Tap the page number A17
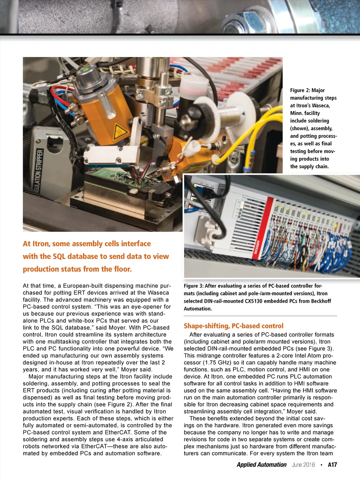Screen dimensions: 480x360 pyautogui.click(x=332, y=465)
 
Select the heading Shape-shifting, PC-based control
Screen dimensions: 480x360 pyautogui.click(x=233, y=326)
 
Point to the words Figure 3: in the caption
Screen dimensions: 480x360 pyautogui.click(x=193, y=286)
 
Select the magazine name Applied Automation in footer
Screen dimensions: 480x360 pyautogui.click(x=262, y=465)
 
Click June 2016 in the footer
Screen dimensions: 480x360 pyautogui.click(x=303, y=465)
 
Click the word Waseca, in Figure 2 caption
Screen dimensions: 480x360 pyautogui.click(x=321, y=105)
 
